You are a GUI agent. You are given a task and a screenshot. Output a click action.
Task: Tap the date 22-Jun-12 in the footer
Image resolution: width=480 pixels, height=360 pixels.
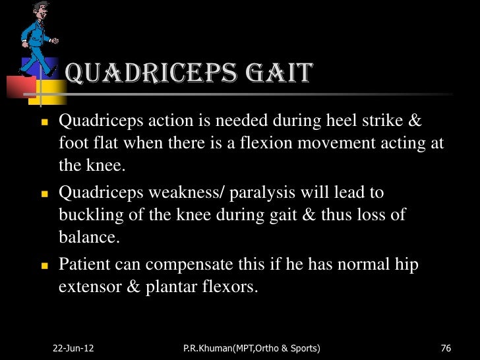pos(73,347)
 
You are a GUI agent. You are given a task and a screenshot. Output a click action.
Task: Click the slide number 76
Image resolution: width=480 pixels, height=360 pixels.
pos(445,347)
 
